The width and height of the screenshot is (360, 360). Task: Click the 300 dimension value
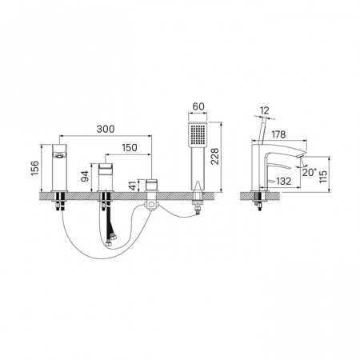click(106, 129)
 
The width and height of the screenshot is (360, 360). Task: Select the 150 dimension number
click(130, 147)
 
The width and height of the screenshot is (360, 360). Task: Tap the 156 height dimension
click(35, 168)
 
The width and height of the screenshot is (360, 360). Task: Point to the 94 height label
click(85, 176)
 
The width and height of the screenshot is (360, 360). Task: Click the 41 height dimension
click(133, 185)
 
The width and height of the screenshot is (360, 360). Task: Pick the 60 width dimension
click(198, 106)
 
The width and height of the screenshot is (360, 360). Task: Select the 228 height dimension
click(214, 156)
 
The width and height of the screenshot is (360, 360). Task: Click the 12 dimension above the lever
click(264, 110)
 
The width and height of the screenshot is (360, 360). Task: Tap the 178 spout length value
click(278, 134)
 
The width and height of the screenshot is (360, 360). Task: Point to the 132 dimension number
click(283, 182)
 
